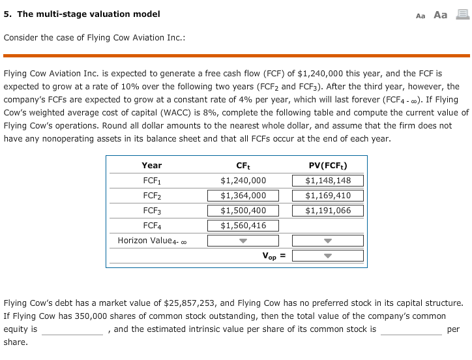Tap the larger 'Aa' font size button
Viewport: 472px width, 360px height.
[441, 14]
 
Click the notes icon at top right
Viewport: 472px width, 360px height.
[461, 14]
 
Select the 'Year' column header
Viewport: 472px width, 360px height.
[151, 166]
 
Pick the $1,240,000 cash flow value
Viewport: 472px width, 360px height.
[243, 181]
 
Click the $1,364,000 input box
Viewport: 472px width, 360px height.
[243, 196]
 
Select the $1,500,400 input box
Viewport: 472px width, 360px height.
[243, 211]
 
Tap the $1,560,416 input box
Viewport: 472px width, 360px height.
[243, 226]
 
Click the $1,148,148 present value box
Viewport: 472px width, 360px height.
[327, 181]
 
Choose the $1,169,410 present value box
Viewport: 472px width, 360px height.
[327, 196]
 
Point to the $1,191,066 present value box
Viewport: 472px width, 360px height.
[327, 211]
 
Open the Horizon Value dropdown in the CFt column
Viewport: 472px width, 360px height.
[243, 241]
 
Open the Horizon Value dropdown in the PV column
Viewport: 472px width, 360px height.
[327, 241]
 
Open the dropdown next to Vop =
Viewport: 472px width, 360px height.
[327, 256]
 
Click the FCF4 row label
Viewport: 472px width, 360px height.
[151, 226]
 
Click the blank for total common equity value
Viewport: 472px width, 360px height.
[72, 329]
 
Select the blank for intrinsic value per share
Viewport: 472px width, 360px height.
[411, 329]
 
